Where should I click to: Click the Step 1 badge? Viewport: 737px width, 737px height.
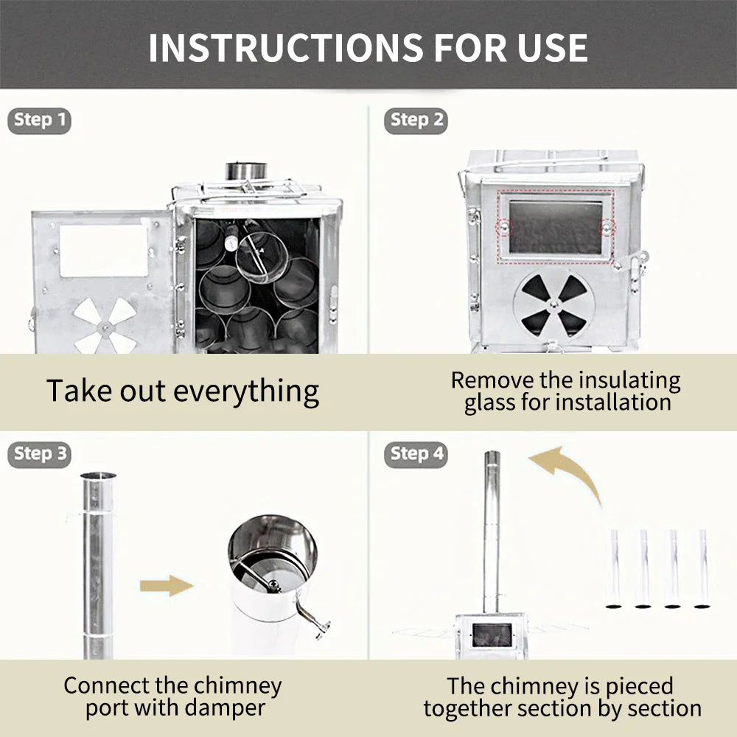pos(41,120)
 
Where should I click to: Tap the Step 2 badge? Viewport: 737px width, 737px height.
pos(416,120)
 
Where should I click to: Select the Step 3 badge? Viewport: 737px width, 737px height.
pos(41,454)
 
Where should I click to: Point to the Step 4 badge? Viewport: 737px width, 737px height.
pos(416,454)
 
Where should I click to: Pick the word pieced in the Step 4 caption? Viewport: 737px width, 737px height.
pos(639,686)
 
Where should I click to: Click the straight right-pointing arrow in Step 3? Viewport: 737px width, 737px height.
pos(166,586)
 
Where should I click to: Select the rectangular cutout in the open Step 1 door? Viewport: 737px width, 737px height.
pos(104,251)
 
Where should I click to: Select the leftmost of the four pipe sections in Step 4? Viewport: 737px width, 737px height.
pos(613,567)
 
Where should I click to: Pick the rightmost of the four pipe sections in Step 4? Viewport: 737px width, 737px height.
pos(702,567)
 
